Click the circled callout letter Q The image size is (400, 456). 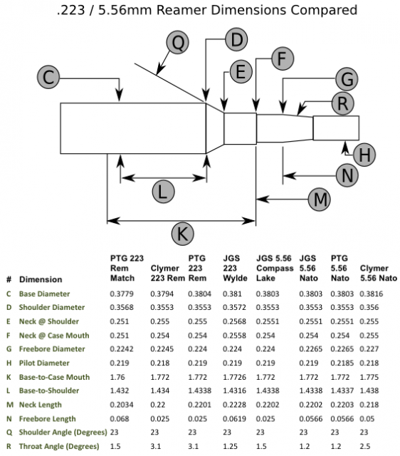point(178,43)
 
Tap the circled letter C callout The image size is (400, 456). point(48,78)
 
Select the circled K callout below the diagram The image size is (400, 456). point(183,234)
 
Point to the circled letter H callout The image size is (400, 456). point(364,155)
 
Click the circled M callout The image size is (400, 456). point(320,199)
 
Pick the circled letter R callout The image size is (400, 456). point(343,103)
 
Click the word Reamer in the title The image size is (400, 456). point(181,10)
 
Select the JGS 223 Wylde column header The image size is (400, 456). point(235,268)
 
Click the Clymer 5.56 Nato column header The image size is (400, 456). point(379,273)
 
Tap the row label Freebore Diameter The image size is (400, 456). point(52,348)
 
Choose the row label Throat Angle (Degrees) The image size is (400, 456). point(59,446)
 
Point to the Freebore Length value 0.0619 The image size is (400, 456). point(234,419)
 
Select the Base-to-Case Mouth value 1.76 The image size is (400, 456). point(117,377)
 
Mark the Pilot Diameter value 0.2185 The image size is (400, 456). point(342,363)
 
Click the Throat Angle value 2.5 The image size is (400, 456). point(365,446)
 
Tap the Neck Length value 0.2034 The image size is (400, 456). point(122,405)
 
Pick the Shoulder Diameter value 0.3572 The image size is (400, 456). point(234,307)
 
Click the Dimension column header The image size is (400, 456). point(41,279)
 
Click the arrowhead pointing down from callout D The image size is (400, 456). point(206,95)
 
